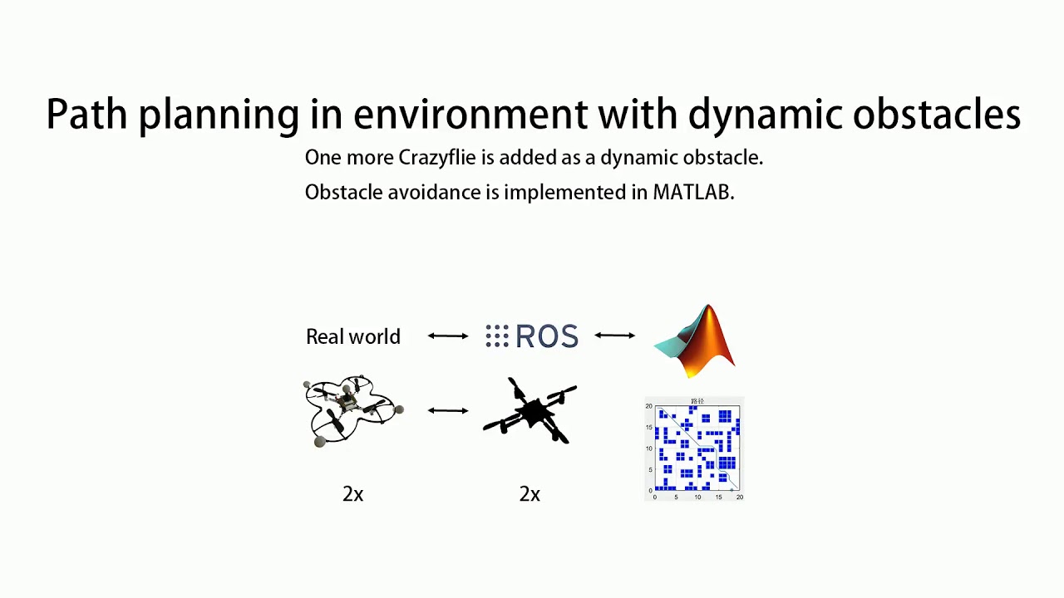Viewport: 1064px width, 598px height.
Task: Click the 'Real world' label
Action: pos(353,336)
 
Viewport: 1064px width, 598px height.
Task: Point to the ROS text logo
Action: pos(546,336)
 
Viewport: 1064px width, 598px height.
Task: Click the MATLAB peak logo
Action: pos(697,341)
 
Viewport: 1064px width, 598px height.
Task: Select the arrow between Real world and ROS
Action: pos(448,336)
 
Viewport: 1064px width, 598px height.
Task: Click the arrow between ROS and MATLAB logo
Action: pos(615,336)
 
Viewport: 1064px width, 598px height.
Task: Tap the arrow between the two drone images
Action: pos(448,410)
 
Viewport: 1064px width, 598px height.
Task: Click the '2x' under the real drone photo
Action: pos(353,494)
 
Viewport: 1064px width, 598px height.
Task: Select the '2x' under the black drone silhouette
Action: pos(530,494)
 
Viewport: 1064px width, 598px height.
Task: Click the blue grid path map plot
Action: pos(697,448)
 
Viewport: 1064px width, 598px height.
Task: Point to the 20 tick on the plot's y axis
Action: pos(649,407)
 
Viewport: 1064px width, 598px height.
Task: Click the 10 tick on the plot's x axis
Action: pos(697,497)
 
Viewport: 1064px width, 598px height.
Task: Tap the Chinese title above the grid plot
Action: pos(697,402)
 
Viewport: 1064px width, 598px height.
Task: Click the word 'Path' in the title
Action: pos(87,115)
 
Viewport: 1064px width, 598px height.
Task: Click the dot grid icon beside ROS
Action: pos(496,336)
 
